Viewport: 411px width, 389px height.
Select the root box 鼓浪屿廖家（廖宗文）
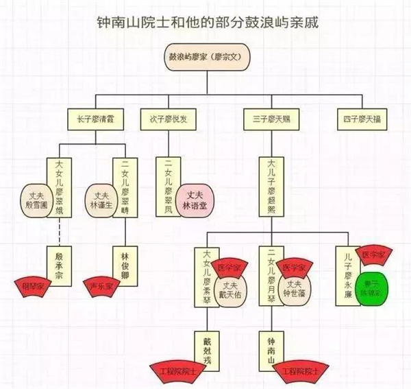click(206, 58)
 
